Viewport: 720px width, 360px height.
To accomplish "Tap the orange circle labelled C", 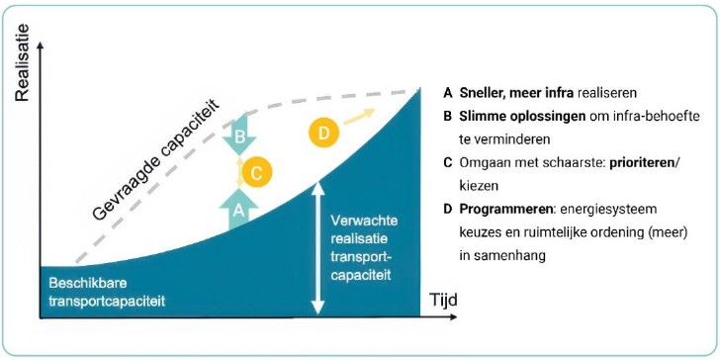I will point(256,173).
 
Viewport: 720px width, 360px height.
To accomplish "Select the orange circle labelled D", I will point(324,131).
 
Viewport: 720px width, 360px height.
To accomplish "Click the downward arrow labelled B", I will point(237,137).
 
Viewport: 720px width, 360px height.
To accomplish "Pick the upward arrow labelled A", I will point(237,208).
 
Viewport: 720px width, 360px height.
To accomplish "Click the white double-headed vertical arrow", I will point(318,242).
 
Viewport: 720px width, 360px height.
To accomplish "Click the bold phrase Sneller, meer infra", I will point(504,94).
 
